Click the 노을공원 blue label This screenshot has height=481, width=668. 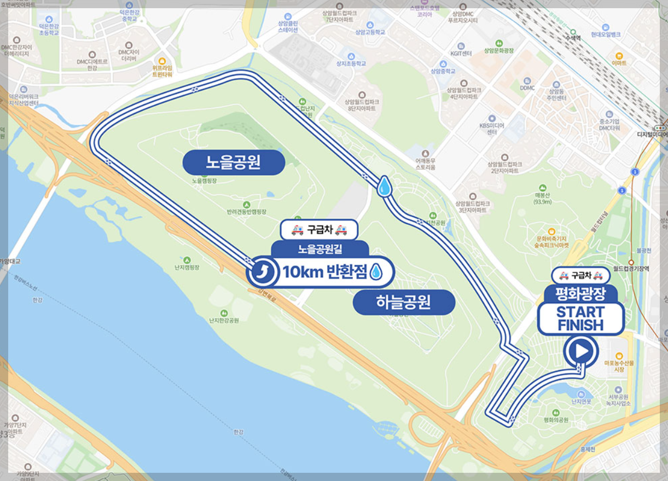(234, 163)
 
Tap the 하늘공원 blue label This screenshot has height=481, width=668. (404, 302)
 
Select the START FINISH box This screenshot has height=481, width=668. (580, 318)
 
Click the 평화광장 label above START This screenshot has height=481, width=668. (580, 294)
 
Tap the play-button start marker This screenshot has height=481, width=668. (581, 350)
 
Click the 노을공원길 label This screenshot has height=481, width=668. (320, 250)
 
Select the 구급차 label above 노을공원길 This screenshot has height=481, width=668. (320, 230)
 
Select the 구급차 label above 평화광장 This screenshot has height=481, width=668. (580, 275)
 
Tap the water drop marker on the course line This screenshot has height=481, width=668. (385, 187)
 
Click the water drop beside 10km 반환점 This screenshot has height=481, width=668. (376, 272)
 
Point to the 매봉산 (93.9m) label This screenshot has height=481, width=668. (542, 198)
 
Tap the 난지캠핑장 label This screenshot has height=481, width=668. (187, 267)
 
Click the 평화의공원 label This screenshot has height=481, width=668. (556, 420)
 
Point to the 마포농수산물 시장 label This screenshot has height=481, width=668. (618, 366)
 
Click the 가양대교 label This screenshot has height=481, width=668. (10, 262)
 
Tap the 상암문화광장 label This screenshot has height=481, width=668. (498, 50)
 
